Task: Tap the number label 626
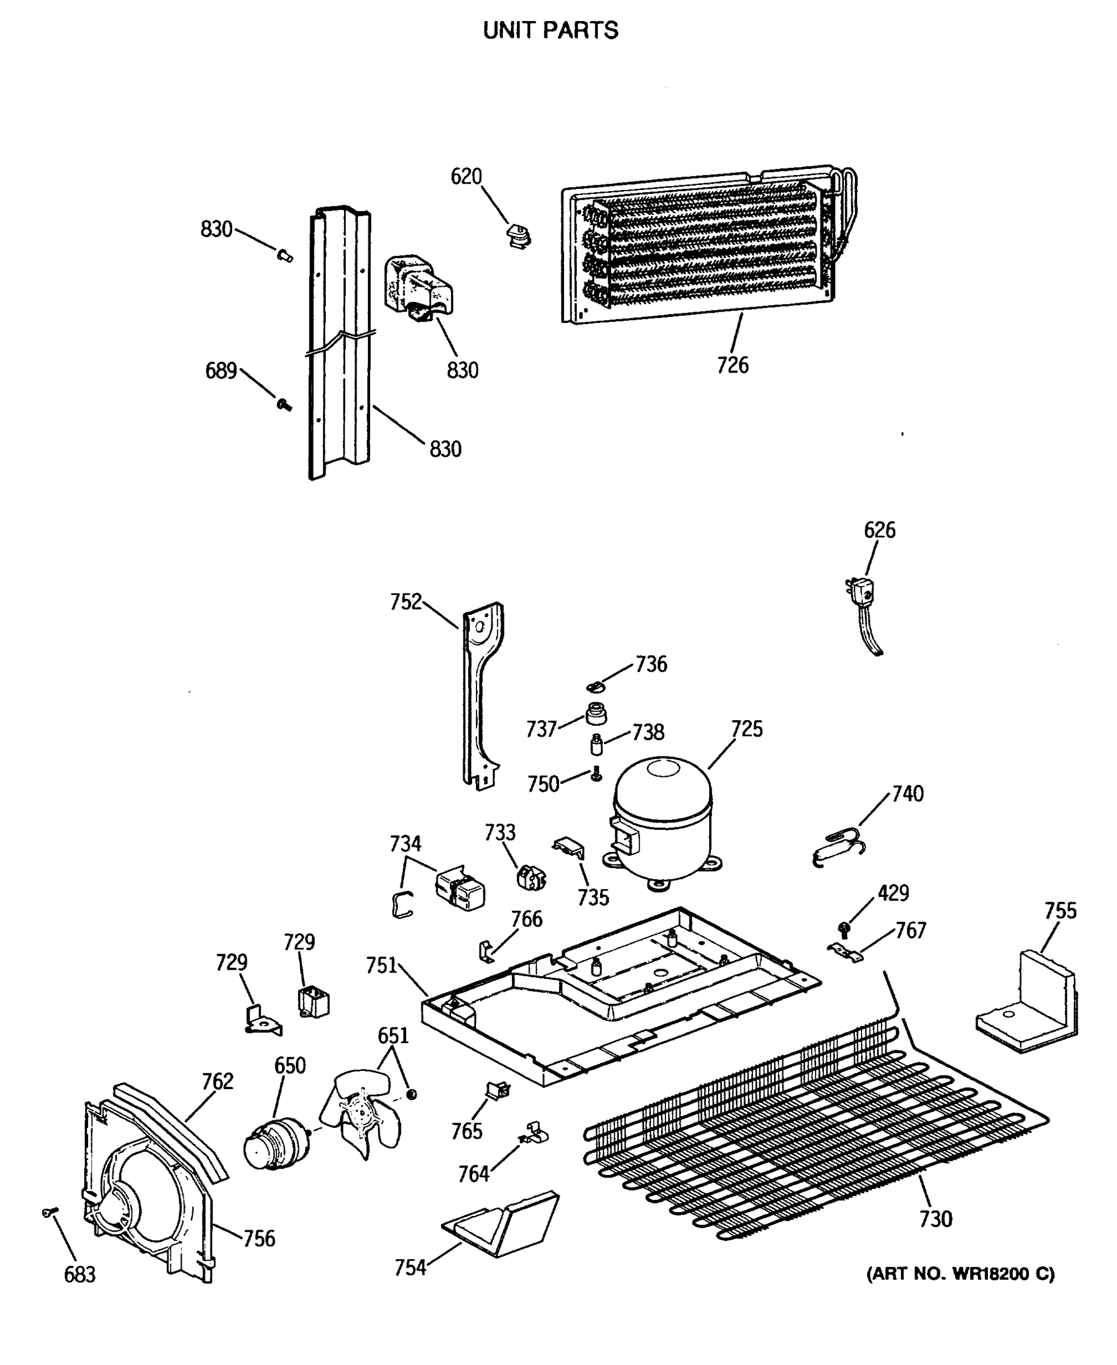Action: [x=879, y=530]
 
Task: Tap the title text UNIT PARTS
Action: [x=551, y=30]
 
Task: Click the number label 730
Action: [x=935, y=1218]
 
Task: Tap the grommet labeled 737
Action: [x=597, y=714]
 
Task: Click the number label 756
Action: [x=259, y=1238]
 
